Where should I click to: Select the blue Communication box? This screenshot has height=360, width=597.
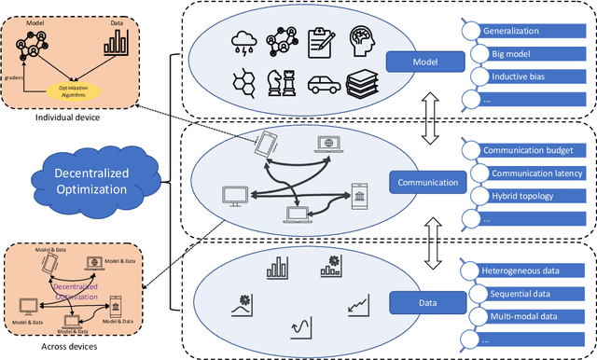coord(426,183)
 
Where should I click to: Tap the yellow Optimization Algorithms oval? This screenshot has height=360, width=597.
coord(74,90)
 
